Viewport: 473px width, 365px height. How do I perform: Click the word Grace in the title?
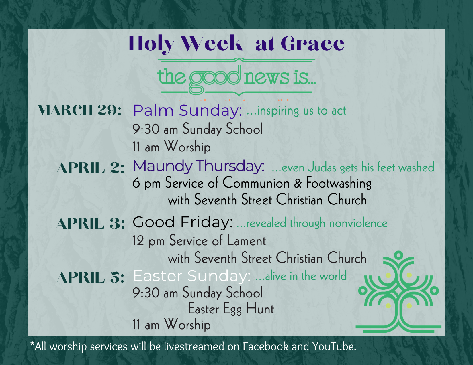[312, 44]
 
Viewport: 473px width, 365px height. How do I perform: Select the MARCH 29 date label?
[79, 110]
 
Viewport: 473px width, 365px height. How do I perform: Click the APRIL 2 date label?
[91, 168]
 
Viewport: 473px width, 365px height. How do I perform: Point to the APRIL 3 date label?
[91, 224]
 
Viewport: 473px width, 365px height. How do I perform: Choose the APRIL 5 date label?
[91, 277]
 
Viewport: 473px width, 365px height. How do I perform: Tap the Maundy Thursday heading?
[198, 166]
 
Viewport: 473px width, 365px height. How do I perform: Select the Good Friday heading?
[183, 222]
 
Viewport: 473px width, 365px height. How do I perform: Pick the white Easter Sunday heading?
[191, 276]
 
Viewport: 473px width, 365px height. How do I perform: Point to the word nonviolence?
[358, 223]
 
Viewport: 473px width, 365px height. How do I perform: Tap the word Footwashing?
[339, 183]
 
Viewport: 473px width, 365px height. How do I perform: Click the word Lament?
[246, 241]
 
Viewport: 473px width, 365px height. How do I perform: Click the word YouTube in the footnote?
[334, 346]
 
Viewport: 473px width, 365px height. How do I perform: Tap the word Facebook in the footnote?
[265, 346]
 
